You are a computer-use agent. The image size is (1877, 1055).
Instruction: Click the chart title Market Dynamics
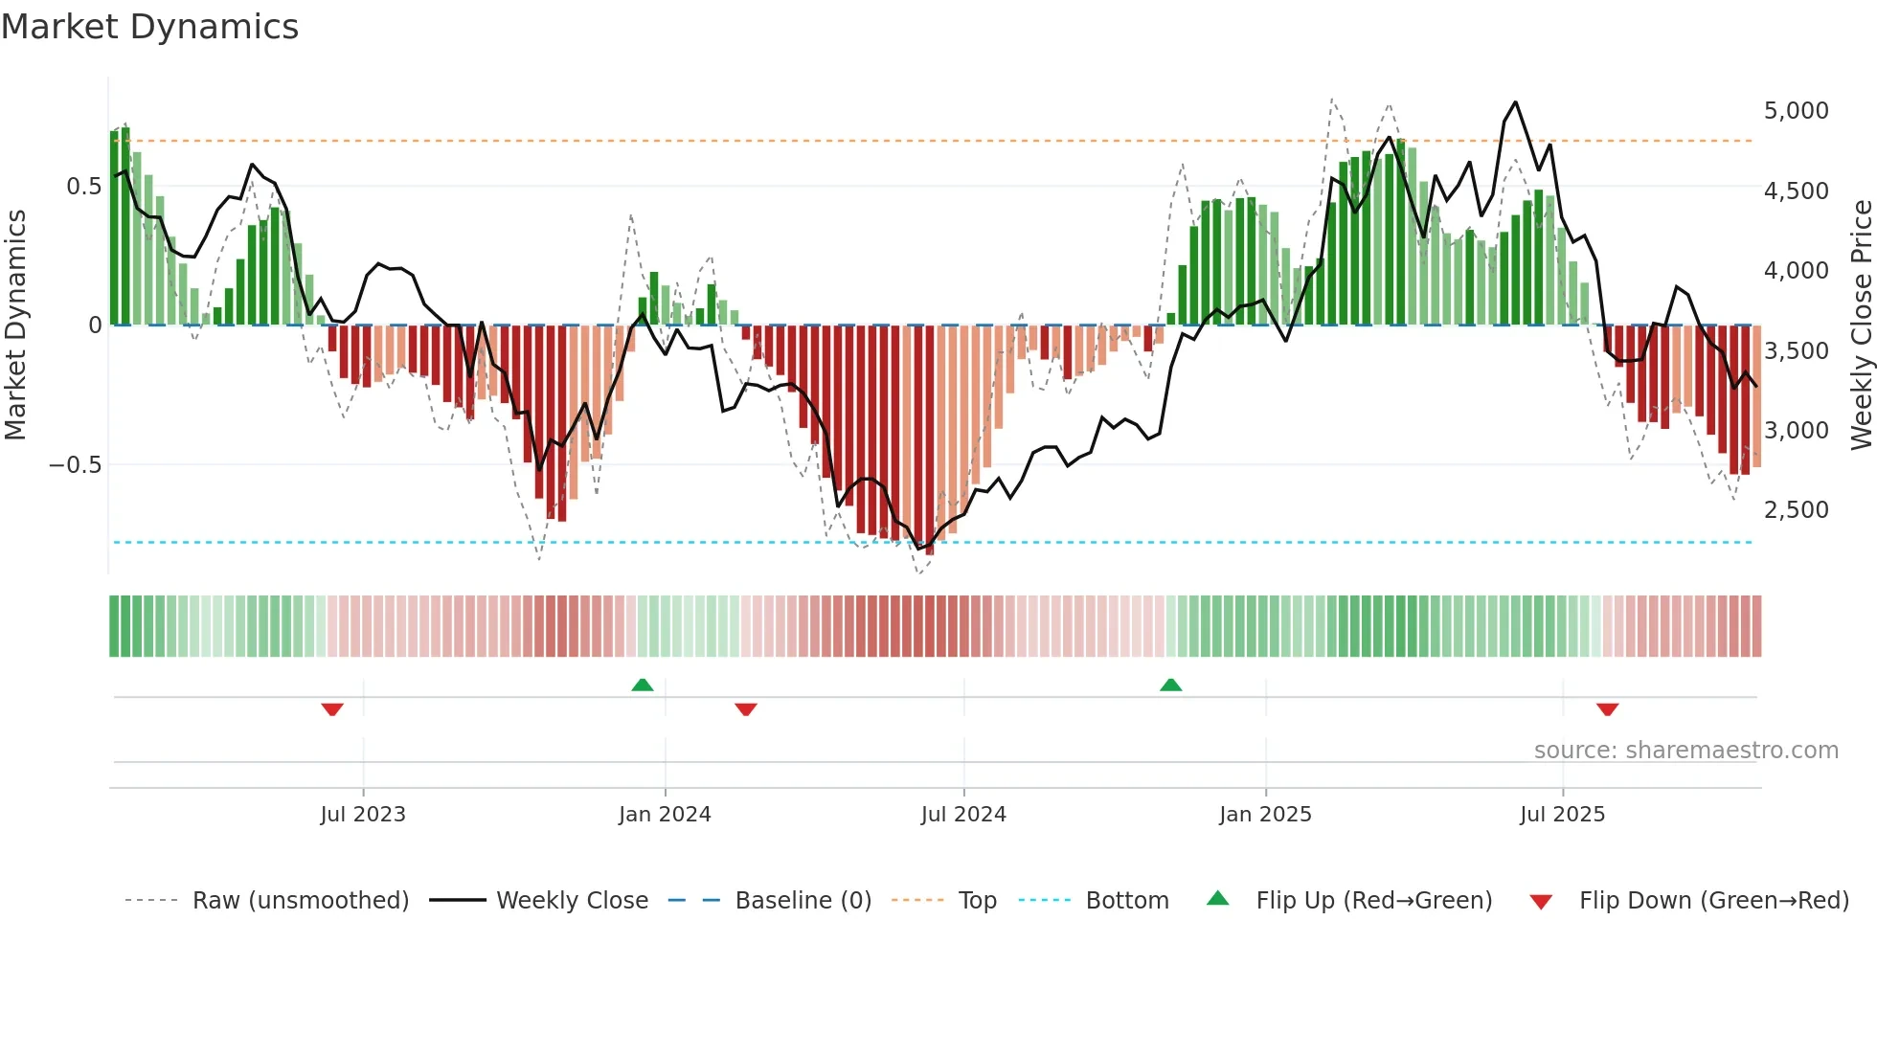tap(149, 27)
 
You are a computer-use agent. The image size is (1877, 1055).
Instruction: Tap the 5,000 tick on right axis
tap(1796, 111)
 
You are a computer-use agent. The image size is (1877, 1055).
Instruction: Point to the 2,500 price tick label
tap(1796, 510)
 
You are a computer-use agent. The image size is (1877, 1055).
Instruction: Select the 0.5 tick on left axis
tap(83, 187)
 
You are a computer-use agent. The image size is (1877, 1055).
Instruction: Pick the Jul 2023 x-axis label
tap(363, 815)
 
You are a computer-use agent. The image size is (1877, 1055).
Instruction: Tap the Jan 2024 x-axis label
tap(665, 815)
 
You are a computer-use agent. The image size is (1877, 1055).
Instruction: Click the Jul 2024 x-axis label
tap(963, 815)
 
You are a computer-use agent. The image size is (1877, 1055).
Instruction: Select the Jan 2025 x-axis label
tap(1265, 815)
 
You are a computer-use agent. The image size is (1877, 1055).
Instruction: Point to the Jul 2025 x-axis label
tap(1562, 815)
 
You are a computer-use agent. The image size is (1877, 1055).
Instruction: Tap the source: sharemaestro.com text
tap(1685, 751)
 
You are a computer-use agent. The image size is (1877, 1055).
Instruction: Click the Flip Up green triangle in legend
tap(1217, 898)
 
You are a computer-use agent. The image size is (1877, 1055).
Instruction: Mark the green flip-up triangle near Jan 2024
tap(643, 685)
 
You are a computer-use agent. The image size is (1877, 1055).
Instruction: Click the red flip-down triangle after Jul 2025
tap(1607, 709)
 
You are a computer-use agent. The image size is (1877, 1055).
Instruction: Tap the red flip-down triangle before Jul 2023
tap(332, 709)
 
